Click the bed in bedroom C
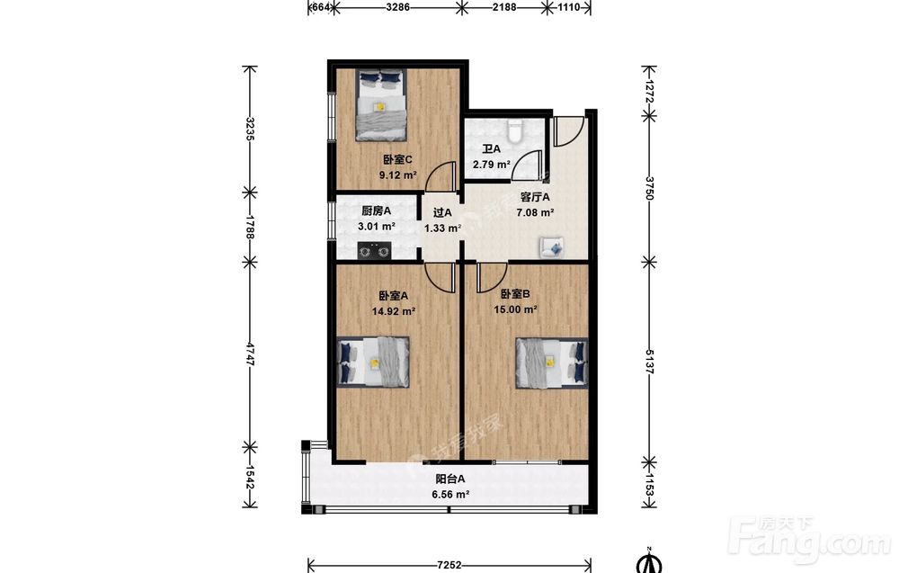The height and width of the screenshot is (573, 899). pos(380,105)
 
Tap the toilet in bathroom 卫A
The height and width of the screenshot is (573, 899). pos(515,130)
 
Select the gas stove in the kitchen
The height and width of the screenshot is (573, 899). pos(374,251)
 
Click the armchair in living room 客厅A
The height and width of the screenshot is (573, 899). pos(552,247)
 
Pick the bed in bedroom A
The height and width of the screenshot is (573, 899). pos(373,363)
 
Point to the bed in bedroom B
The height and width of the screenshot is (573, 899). pos(552,363)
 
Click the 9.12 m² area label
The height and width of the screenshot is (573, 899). pos(398,175)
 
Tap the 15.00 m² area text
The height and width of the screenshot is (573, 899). pos(515,309)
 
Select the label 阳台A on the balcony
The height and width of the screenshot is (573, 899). pos(450,479)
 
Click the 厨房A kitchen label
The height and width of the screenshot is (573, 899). pos(376,211)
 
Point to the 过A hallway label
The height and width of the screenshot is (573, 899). pos(442,213)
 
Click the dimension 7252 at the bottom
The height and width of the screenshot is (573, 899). pos(449,565)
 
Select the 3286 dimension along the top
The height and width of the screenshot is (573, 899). pos(398,7)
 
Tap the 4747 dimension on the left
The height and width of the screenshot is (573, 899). pos(250,354)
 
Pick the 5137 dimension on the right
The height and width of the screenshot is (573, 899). pos(649,362)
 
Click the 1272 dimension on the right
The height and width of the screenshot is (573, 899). pos(649,91)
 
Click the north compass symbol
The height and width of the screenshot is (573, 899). pos(650,561)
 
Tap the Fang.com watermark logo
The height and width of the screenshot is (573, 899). pos(808,541)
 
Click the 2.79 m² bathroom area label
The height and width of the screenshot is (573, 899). pos(492,165)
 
